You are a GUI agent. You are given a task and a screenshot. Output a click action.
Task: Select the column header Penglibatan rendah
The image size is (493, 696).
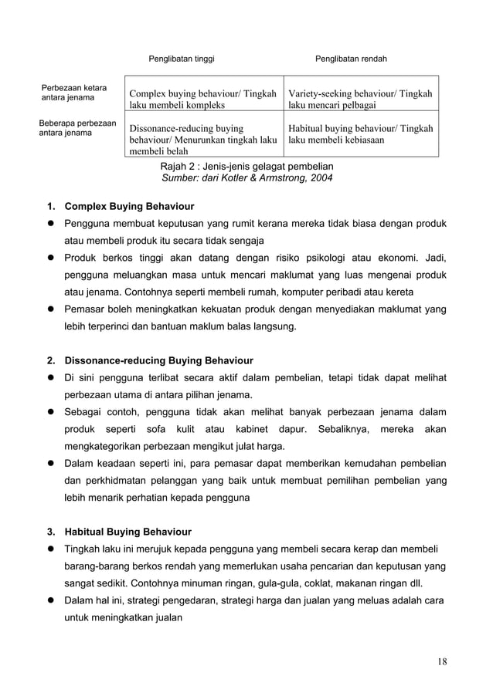point(351,59)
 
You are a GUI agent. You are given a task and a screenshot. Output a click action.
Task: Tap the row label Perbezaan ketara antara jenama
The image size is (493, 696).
point(74,93)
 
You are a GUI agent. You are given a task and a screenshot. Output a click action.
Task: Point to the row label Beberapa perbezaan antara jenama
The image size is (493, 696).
point(77,127)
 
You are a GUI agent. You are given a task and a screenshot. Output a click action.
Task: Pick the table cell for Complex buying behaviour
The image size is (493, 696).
point(204,99)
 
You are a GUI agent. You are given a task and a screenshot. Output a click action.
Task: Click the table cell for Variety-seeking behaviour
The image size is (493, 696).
point(360,99)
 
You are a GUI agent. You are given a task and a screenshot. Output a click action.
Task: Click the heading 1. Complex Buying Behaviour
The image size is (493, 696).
point(129,207)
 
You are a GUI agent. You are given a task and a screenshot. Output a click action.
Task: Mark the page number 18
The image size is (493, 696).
point(440,661)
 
